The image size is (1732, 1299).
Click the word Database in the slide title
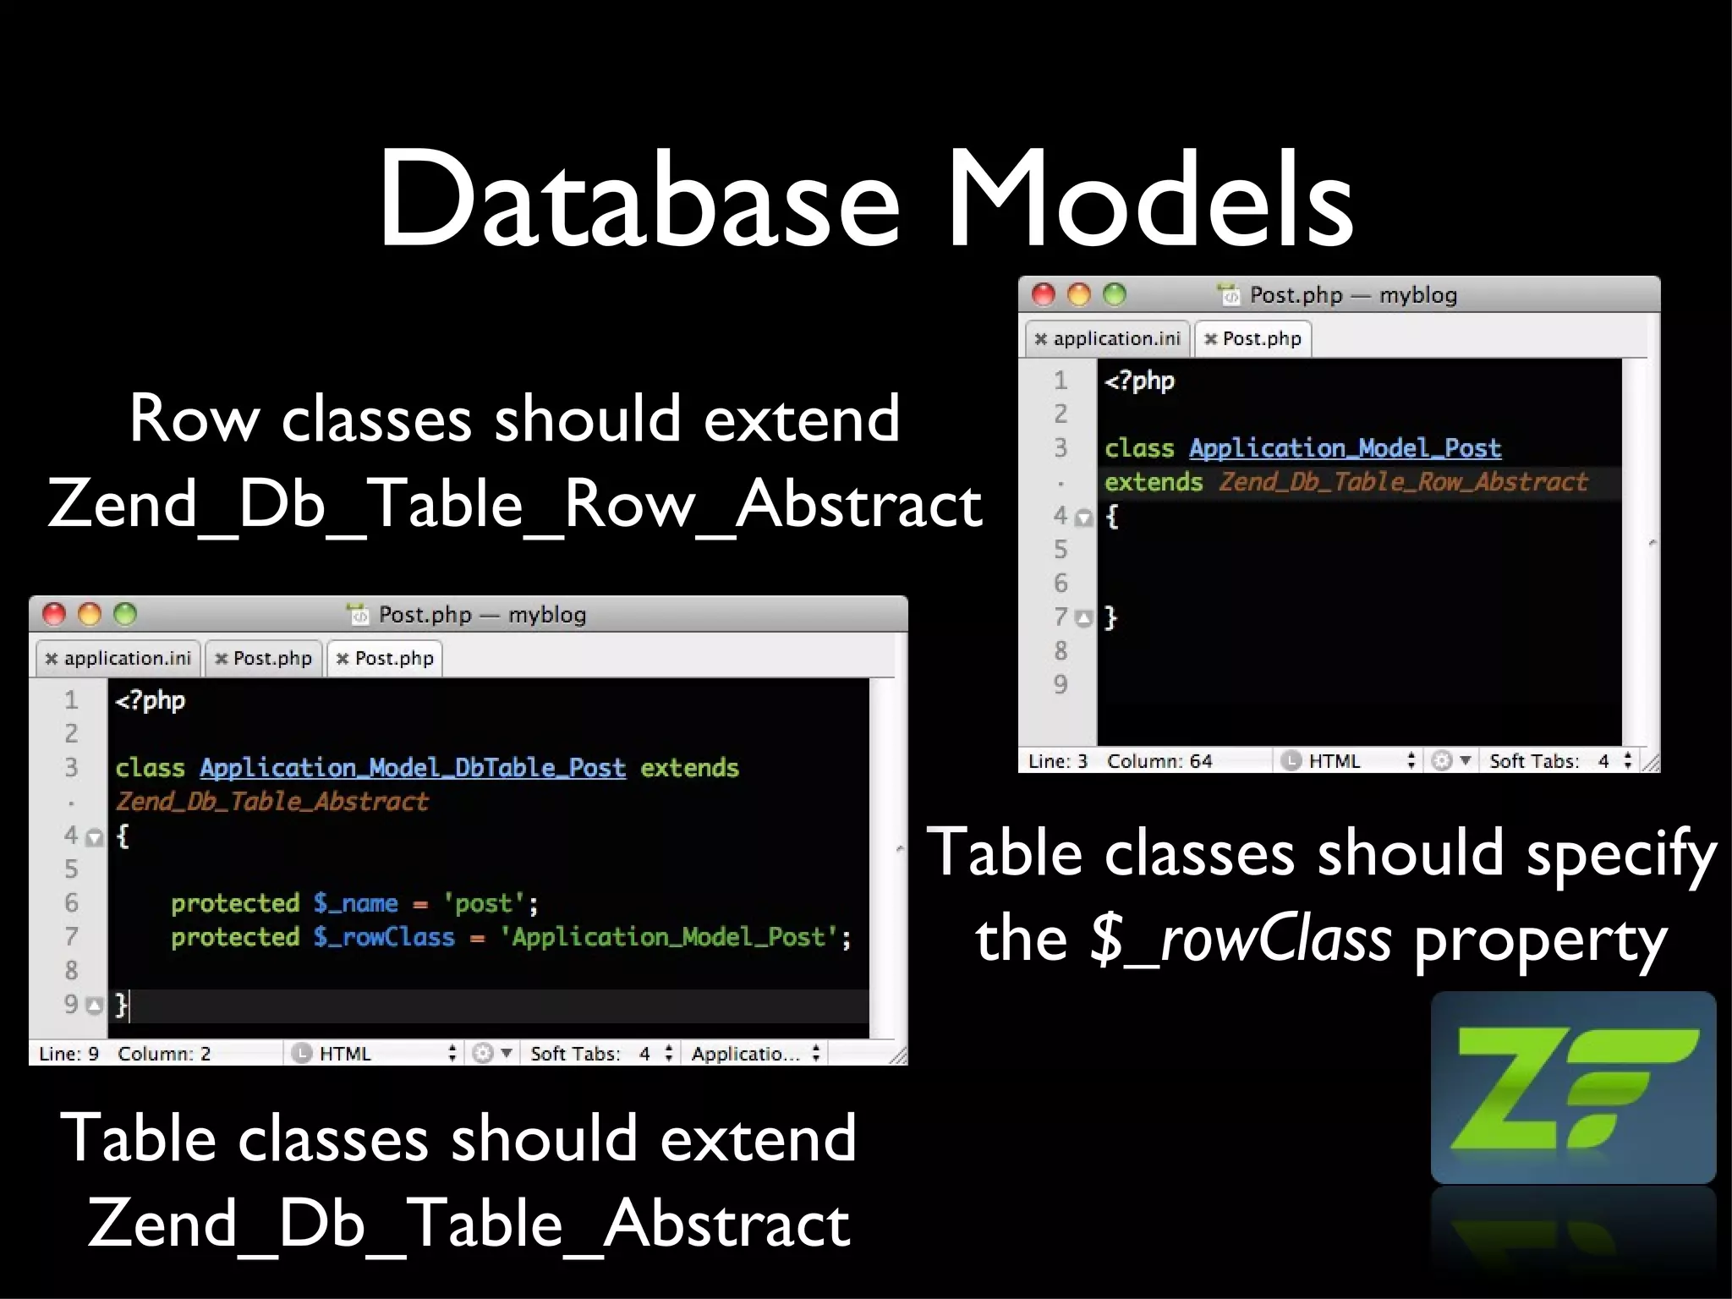tap(639, 200)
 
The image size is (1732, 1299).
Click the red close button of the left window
tap(54, 614)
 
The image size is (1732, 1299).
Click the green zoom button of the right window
tap(1115, 294)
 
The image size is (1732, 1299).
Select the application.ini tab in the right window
tap(1108, 339)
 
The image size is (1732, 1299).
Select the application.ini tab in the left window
tap(118, 659)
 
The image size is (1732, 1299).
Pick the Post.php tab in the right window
tap(1253, 339)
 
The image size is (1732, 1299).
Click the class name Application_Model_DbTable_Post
tap(413, 768)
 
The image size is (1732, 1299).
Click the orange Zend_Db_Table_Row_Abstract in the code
tap(1403, 482)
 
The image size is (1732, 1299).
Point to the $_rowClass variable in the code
tap(384, 937)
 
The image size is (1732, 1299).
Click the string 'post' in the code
tap(484, 903)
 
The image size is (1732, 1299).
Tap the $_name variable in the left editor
tap(355, 903)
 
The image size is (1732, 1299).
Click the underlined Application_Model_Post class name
tap(1345, 448)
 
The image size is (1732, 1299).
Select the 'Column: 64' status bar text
tap(1159, 761)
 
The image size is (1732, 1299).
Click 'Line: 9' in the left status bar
tap(69, 1054)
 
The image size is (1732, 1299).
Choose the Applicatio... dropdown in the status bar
tap(754, 1054)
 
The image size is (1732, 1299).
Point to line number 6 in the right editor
tap(1061, 584)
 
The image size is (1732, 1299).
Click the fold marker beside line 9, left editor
tap(95, 1006)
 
